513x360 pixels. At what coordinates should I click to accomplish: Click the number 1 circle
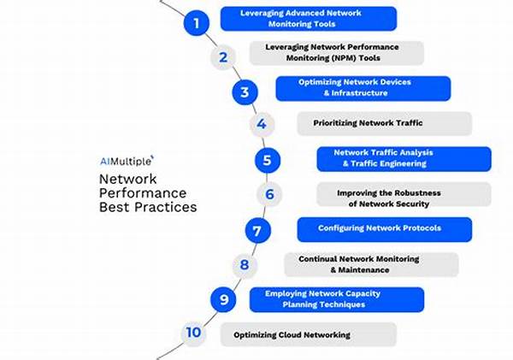pyautogui.click(x=197, y=23)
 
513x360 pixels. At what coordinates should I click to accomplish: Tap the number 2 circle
pyautogui.click(x=222, y=57)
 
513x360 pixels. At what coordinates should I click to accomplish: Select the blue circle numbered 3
pyautogui.click(x=245, y=91)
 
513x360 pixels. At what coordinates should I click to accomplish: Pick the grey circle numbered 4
pyautogui.click(x=262, y=125)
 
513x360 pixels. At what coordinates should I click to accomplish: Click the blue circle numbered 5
pyautogui.click(x=268, y=159)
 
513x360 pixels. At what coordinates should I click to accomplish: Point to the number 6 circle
pyautogui.click(x=268, y=194)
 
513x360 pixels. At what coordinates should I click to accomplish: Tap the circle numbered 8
pyautogui.click(x=244, y=264)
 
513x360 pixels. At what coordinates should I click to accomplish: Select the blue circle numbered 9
pyautogui.click(x=224, y=298)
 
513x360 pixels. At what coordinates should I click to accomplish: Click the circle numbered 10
pyautogui.click(x=194, y=333)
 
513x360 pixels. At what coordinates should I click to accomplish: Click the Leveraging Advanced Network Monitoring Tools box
pyautogui.click(x=308, y=19)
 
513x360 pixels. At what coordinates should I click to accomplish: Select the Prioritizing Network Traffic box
pyautogui.click(x=384, y=123)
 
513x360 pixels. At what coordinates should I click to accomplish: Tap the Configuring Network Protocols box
pyautogui.click(x=384, y=228)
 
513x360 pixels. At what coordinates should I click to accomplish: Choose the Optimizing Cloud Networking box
pyautogui.click(x=308, y=333)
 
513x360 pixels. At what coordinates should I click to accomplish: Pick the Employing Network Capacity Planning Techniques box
pyautogui.click(x=336, y=298)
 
